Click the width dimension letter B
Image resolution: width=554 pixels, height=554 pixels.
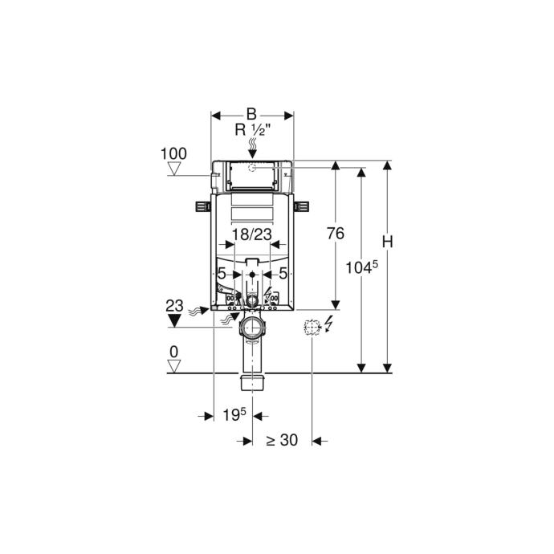251,115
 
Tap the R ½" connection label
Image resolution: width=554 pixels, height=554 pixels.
253,130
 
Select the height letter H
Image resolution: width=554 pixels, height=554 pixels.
388,242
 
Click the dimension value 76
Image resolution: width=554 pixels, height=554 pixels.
336,234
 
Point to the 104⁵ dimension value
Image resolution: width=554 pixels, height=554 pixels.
362,267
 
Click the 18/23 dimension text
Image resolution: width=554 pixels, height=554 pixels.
252,234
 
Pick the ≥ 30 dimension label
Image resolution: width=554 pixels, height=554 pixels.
282,440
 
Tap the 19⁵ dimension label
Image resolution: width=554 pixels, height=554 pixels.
234,415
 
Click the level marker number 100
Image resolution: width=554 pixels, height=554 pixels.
174,154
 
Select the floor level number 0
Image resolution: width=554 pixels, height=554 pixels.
174,352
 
